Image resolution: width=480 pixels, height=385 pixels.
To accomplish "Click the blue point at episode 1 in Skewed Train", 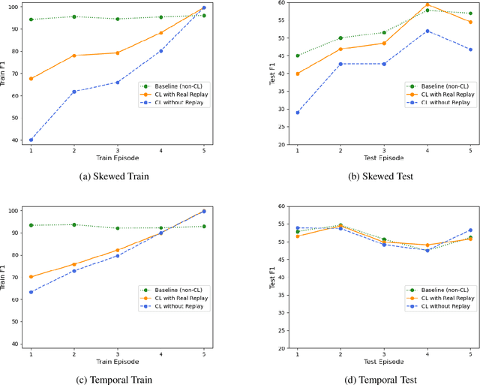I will click(x=31, y=140).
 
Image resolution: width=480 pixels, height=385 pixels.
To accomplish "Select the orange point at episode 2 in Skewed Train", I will click(x=73, y=56).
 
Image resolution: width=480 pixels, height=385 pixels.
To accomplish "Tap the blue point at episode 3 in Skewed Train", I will click(x=117, y=83).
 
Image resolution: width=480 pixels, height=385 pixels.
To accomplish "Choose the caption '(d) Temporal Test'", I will click(x=384, y=380).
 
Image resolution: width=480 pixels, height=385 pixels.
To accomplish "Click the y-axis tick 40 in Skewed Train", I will click(x=14, y=140).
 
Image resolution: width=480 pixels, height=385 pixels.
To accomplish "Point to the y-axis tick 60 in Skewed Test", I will click(x=281, y=3).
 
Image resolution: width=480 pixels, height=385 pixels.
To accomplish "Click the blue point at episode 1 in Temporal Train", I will click(x=31, y=292).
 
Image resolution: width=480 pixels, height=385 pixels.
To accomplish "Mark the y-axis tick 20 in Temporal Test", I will click(x=281, y=348).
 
